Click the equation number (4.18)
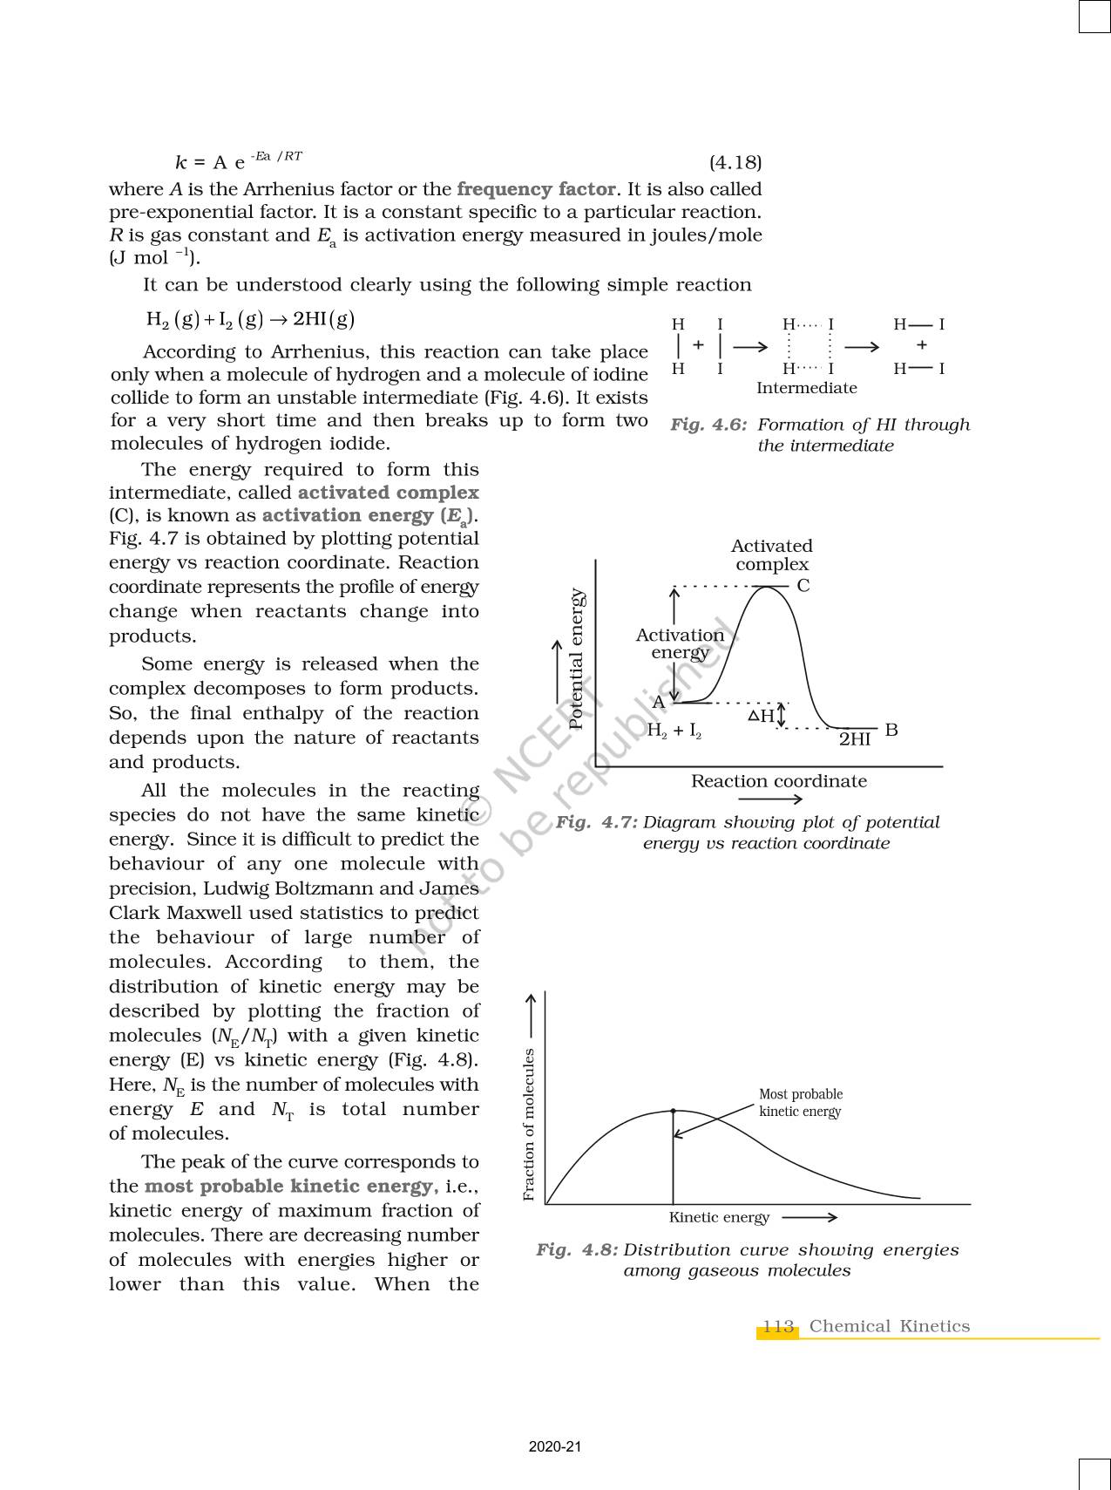click(735, 163)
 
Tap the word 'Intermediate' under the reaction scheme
click(806, 388)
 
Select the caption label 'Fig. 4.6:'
click(708, 425)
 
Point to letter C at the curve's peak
click(803, 586)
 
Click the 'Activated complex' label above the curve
click(771, 555)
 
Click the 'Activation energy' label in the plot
click(680, 643)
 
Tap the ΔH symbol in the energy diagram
click(761, 716)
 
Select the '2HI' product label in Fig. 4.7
click(854, 739)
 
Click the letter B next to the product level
click(891, 730)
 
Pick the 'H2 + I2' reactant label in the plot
click(674, 731)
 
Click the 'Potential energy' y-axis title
click(576, 658)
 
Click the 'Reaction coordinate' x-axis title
click(778, 781)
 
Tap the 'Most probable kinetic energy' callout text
click(800, 1103)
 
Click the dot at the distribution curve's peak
click(673, 1111)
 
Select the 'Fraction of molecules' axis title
click(529, 1124)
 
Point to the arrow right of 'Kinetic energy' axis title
click(810, 1217)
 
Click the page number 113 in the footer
click(778, 1326)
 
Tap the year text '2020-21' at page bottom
click(555, 1446)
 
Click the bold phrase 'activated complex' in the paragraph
click(388, 493)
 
